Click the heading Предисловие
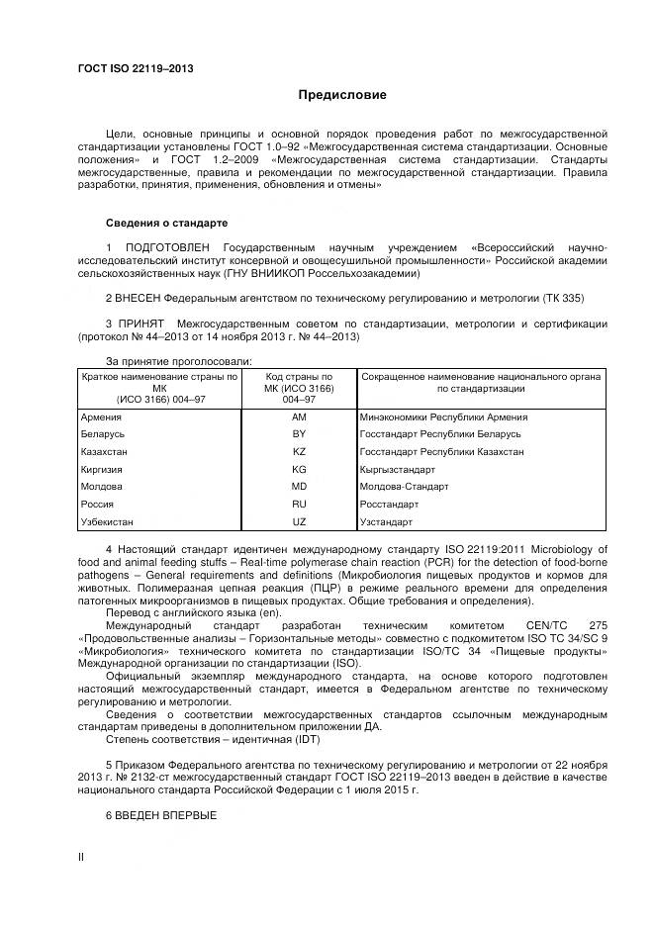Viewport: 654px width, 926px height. coord(343,96)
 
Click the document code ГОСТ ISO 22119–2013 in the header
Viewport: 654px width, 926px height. coord(135,68)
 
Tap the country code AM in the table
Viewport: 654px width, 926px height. coord(300,417)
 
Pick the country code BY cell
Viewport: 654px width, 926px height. coord(300,434)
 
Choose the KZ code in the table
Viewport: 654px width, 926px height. coord(300,452)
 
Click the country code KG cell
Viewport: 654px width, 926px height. coord(300,469)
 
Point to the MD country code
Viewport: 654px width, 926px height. coord(300,487)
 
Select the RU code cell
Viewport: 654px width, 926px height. coord(300,504)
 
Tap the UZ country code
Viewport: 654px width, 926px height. coord(300,521)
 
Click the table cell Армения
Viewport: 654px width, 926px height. coord(102,417)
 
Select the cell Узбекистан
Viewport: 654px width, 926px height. coord(108,521)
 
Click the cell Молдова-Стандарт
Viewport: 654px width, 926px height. coord(405,487)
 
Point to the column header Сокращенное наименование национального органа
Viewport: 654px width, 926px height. coord(482,383)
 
